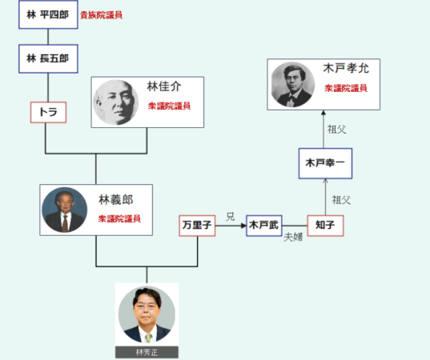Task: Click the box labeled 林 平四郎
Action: click(48, 14)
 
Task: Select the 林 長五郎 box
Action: click(48, 58)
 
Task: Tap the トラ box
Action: click(48, 112)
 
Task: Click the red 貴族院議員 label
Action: click(101, 14)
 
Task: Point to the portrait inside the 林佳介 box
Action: click(116, 102)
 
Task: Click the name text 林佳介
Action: click(164, 86)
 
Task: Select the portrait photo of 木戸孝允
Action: click(293, 84)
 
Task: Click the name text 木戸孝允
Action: click(346, 68)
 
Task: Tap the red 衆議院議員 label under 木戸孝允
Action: click(346, 88)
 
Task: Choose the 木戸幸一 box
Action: click(326, 163)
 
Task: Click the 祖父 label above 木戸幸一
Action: click(337, 130)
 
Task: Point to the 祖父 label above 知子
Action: click(341, 200)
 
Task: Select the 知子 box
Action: click(326, 226)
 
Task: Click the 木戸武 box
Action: click(264, 226)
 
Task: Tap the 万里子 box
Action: click(197, 226)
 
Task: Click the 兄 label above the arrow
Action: click(231, 217)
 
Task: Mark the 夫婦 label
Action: click(293, 237)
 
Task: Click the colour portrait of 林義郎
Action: click(65, 210)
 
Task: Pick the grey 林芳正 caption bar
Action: click(147, 352)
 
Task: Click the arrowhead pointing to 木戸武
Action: click(243, 226)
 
